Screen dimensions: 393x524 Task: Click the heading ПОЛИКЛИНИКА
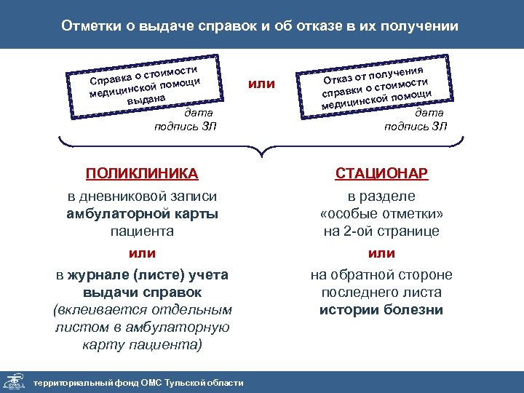[x=142, y=174]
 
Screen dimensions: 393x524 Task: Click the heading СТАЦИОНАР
[x=381, y=174]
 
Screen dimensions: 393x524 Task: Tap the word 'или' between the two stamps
[x=261, y=84]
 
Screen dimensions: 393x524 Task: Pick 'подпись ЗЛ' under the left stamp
[x=186, y=126]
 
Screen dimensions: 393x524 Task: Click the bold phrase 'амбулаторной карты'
[x=142, y=214]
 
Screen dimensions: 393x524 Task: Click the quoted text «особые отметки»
[x=381, y=214]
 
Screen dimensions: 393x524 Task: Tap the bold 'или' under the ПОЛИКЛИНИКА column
[x=142, y=253]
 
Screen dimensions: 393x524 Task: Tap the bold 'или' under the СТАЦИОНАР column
[x=381, y=253]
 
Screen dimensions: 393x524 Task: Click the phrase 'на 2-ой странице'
[x=381, y=231]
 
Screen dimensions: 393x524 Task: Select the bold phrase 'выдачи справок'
[x=142, y=292]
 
